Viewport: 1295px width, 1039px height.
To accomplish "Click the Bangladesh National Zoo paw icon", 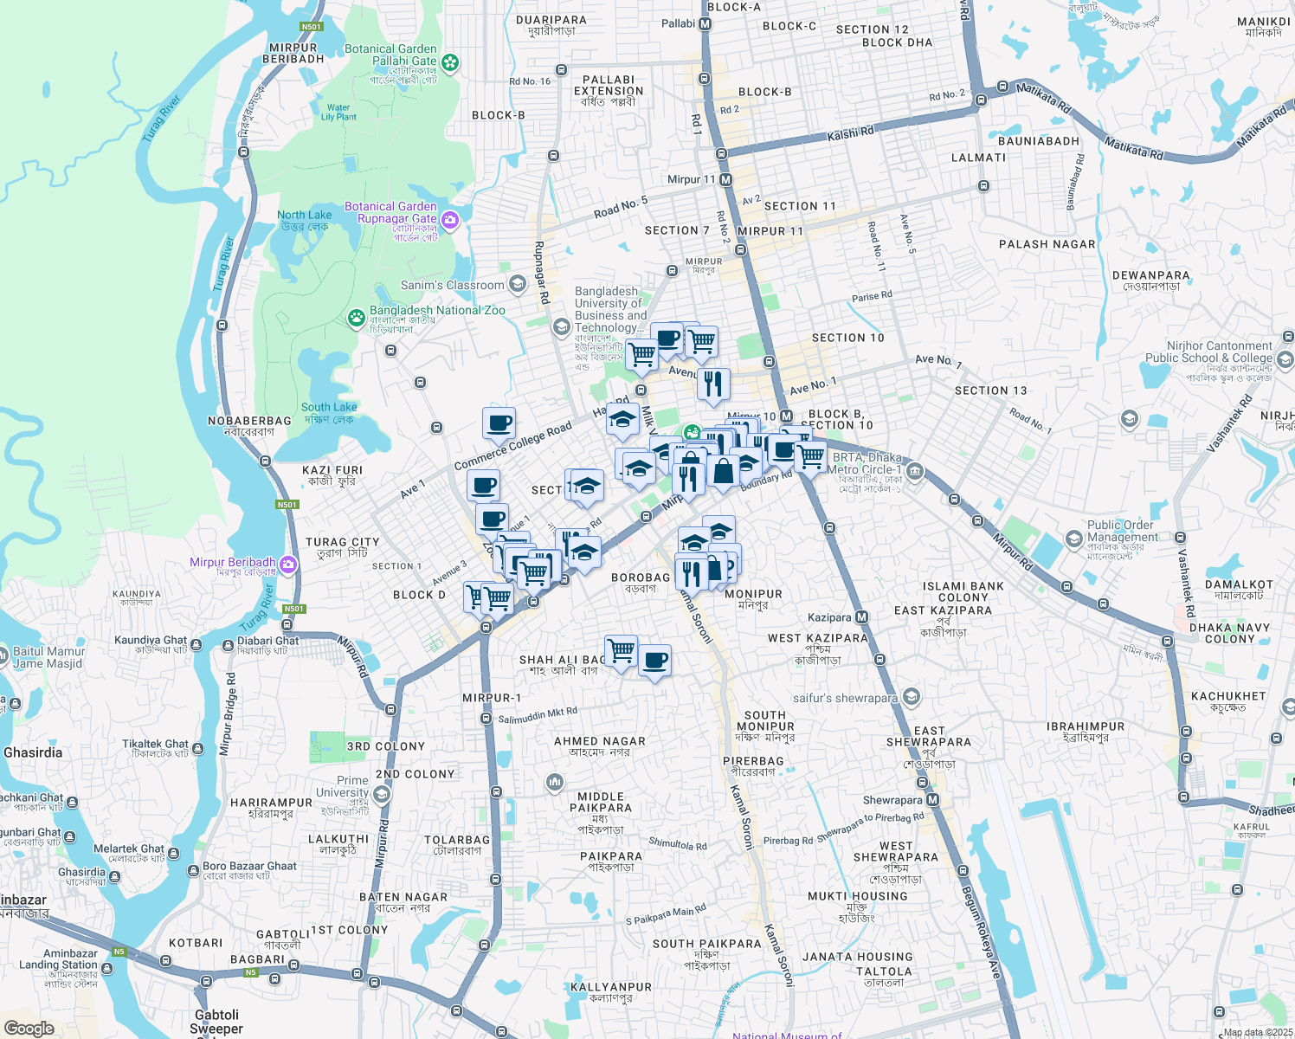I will click(356, 318).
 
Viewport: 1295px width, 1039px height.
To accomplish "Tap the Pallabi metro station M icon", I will click(705, 24).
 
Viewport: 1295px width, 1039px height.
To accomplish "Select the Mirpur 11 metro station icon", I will click(725, 180).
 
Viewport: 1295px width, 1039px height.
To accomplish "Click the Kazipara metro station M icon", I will click(861, 617).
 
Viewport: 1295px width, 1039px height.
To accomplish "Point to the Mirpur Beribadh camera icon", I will click(288, 565).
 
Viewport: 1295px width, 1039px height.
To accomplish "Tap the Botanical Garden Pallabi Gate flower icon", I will click(449, 62).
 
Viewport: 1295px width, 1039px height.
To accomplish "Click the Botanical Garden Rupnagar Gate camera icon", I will click(449, 220).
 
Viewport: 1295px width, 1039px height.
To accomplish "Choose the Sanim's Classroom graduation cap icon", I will click(517, 284).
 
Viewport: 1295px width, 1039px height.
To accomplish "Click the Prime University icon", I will click(382, 794).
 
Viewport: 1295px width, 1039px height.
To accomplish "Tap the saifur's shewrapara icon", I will click(910, 697).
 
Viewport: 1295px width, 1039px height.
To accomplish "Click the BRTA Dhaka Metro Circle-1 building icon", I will click(915, 471).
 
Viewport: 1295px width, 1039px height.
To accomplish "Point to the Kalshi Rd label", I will click(850, 133).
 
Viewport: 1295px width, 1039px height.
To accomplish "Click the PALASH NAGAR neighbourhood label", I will click(1047, 244).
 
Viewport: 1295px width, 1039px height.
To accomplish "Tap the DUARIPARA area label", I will click(551, 20).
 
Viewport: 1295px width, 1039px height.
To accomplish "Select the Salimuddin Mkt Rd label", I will click(538, 716).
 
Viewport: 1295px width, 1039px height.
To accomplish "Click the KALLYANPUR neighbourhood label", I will click(611, 987).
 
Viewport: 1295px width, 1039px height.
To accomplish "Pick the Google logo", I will click(29, 1029).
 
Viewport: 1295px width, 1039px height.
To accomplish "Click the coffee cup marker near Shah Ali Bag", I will click(655, 661).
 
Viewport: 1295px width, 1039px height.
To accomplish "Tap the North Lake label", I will click(304, 215).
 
